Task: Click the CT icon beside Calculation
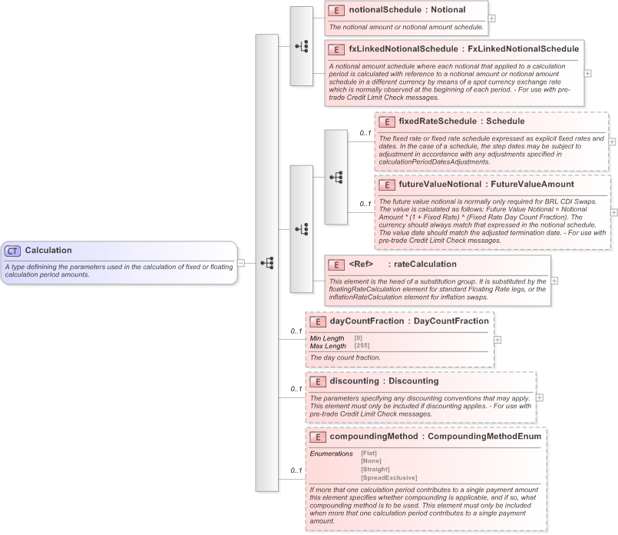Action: [13, 251]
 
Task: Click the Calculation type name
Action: [48, 251]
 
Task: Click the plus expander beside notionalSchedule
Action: [492, 18]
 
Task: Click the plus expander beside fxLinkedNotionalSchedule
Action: [588, 73]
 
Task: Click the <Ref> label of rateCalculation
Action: [361, 264]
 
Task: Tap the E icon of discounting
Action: [316, 380]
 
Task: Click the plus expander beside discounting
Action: [539, 398]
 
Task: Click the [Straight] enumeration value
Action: [375, 469]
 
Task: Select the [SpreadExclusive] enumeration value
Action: [388, 477]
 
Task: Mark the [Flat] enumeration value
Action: [368, 453]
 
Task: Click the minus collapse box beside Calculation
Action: [241, 262]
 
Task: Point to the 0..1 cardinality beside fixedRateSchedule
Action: [365, 133]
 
